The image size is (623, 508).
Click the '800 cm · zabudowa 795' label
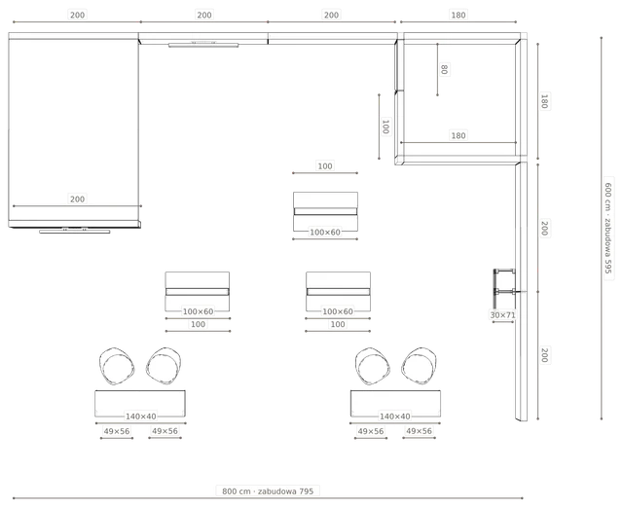(268, 491)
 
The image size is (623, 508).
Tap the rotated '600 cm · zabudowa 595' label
(607, 228)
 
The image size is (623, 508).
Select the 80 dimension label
(444, 69)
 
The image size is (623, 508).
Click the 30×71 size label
(502, 315)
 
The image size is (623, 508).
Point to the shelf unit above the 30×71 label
(504, 283)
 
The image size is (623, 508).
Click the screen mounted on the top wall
(203, 45)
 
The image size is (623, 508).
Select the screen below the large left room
(75, 231)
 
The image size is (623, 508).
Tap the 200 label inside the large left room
(77, 199)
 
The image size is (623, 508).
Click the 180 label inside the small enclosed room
(458, 135)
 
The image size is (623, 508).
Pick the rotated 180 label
(545, 101)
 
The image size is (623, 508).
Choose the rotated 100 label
(385, 127)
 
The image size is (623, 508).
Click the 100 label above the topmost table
(325, 166)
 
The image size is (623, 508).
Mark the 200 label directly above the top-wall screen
(204, 16)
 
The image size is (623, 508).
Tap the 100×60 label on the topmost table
(325, 233)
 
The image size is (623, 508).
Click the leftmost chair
(117, 366)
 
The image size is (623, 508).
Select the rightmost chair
(420, 366)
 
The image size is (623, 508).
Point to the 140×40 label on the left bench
(140, 417)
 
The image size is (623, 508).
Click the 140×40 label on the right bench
(395, 417)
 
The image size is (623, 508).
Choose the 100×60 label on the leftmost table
(198, 311)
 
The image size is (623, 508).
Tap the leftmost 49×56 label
(117, 431)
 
